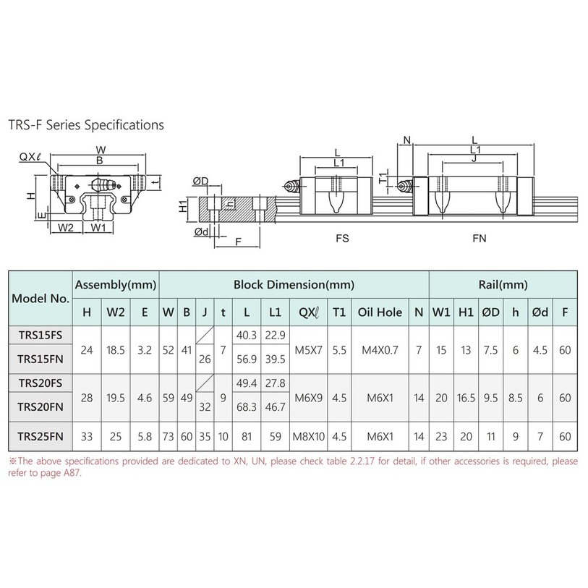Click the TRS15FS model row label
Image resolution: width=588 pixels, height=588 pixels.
40,335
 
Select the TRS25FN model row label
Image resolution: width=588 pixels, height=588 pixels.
40,437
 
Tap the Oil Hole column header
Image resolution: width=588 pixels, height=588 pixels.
380,312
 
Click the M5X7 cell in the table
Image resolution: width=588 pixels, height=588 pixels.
308,350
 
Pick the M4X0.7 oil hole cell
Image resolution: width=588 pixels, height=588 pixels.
380,350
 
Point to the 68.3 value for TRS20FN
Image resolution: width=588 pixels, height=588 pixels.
247,407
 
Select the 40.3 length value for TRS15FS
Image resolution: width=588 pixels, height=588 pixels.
247,335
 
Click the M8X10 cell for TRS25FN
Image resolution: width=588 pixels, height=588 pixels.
308,437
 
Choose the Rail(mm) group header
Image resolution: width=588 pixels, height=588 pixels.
503,285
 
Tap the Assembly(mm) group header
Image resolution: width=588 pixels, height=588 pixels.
116,285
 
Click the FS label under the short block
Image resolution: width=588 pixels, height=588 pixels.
342,238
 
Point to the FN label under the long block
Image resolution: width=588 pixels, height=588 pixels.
480,238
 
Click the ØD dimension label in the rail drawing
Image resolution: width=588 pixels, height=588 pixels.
200,182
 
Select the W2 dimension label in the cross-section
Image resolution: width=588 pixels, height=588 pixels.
66,227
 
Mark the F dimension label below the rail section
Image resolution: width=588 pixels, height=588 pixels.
238,242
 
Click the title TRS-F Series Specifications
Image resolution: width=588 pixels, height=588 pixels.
86,125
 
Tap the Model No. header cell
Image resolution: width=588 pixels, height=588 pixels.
41,299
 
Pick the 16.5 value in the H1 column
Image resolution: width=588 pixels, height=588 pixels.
466,398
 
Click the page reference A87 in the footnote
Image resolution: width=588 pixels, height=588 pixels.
72,472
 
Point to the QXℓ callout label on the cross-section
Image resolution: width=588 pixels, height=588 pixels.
29,156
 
